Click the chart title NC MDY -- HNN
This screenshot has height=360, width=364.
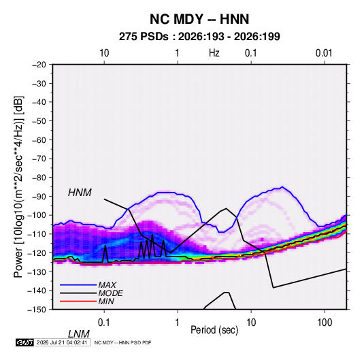coord(199,19)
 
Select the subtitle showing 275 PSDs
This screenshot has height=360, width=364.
coord(199,37)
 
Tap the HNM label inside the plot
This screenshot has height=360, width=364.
coord(80,193)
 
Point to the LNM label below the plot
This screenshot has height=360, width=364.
coord(79,334)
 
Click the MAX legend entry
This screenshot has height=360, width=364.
coord(107,284)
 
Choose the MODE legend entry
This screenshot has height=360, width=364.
coord(110,293)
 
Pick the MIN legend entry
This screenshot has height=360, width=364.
coord(106,301)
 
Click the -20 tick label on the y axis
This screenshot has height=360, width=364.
coord(39,65)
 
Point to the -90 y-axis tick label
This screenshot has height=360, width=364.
coord(39,197)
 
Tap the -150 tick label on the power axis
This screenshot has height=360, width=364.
coord(37,310)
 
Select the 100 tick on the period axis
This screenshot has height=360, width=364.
coord(325,323)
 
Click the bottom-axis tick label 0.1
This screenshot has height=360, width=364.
coord(104,323)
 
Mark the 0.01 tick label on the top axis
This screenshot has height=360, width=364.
coord(324,53)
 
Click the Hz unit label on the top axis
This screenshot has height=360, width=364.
coord(214,53)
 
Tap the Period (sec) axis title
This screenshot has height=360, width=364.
coord(214,330)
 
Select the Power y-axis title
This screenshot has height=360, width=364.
coord(18,186)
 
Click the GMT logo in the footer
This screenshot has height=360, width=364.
coord(25,342)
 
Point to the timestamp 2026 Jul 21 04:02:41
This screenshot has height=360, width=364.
coord(62,342)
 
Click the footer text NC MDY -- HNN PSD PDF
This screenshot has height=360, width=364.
coord(122,342)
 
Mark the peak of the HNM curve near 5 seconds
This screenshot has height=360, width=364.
coord(226,208)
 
